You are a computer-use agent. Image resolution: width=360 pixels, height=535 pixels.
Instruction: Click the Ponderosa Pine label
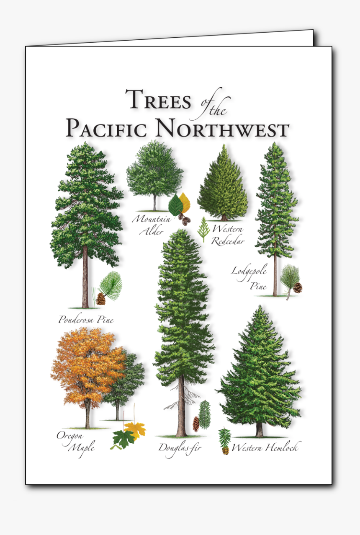(86, 320)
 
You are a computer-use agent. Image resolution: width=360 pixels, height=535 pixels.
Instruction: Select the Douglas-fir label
(180, 448)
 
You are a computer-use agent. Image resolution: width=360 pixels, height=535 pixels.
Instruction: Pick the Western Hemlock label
(265, 447)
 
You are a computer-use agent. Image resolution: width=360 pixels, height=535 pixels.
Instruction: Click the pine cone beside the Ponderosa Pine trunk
(100, 299)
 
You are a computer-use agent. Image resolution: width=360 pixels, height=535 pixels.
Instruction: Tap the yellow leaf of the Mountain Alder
(185, 202)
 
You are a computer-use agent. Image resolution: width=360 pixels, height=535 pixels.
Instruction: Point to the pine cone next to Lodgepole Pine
(298, 287)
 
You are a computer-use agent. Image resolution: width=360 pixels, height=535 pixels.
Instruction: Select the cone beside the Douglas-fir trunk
(195, 424)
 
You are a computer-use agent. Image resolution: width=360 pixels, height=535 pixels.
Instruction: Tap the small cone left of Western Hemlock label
(226, 450)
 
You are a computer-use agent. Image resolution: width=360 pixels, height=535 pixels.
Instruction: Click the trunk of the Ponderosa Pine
(85, 277)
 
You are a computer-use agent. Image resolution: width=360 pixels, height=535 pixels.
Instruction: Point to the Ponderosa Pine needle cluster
(111, 284)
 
